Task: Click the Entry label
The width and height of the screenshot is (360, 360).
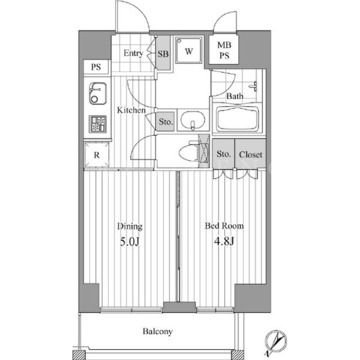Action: pyautogui.click(x=133, y=53)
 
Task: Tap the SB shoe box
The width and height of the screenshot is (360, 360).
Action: pyautogui.click(x=163, y=53)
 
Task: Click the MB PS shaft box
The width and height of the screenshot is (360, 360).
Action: pyautogui.click(x=224, y=50)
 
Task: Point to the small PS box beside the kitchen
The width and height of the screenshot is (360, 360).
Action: pyautogui.click(x=96, y=67)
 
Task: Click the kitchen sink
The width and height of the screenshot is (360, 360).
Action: pyautogui.click(x=98, y=93)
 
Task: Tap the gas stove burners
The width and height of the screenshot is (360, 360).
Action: pyautogui.click(x=97, y=124)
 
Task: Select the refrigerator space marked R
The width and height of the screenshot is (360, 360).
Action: pyautogui.click(x=96, y=154)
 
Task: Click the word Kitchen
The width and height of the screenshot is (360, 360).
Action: pyautogui.click(x=131, y=110)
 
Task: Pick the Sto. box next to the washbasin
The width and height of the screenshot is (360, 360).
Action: pyautogui.click(x=166, y=122)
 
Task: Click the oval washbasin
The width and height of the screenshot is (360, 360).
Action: pyautogui.click(x=193, y=120)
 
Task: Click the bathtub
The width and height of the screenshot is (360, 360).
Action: pyautogui.click(x=239, y=119)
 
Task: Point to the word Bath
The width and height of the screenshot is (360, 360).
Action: pyautogui.click(x=235, y=96)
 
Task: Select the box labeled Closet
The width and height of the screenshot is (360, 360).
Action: pyautogui.click(x=250, y=154)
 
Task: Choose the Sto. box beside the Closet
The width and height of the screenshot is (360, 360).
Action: pyautogui.click(x=224, y=154)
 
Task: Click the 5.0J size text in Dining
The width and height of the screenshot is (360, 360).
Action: pyautogui.click(x=129, y=241)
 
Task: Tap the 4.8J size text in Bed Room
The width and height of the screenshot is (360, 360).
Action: pyautogui.click(x=224, y=241)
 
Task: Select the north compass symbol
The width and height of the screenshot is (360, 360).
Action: pyautogui.click(x=276, y=341)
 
